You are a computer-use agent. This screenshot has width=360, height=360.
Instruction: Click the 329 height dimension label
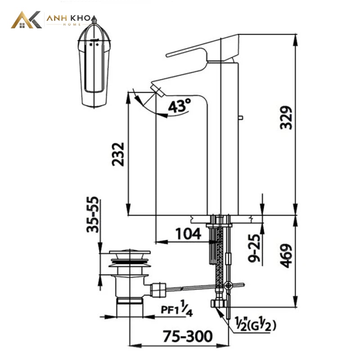286,117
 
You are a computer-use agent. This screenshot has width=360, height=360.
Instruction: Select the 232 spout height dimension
118,154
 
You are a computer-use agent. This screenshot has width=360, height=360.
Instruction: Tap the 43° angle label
179,106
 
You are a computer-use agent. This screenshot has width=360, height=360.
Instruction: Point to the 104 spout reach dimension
188,234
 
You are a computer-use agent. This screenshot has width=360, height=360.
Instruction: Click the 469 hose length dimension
286,256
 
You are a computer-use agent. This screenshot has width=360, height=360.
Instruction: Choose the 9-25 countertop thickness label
254,248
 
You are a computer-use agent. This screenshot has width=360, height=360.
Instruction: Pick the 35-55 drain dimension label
93,215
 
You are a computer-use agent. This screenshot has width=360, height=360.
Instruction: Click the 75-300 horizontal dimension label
188,336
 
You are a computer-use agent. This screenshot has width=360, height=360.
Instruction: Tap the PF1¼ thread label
176,309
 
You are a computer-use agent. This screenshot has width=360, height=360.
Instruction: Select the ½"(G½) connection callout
255,324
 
